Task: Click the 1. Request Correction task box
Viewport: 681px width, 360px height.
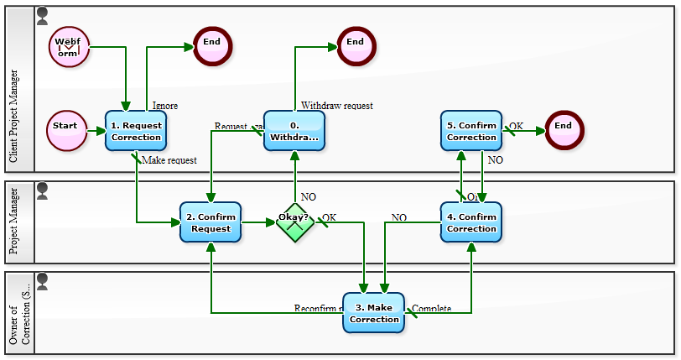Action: [x=136, y=131]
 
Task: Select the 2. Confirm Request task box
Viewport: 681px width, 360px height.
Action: [x=211, y=222]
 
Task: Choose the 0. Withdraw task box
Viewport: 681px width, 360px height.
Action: [x=294, y=131]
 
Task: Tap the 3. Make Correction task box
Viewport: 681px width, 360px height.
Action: [x=374, y=313]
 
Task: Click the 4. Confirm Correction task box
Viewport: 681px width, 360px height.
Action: [x=471, y=222]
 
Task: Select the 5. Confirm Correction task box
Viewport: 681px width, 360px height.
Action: [x=471, y=131]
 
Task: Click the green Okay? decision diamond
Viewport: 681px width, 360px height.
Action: [x=294, y=222]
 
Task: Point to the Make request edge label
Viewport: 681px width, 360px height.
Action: [x=169, y=160]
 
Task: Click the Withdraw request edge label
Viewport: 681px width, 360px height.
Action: [x=336, y=106]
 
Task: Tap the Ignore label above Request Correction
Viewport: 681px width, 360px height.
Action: [x=164, y=106]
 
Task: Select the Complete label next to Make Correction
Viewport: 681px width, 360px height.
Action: [x=432, y=309]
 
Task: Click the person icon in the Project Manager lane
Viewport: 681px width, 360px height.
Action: [x=43, y=190]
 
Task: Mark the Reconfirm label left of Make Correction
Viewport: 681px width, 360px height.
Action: [x=315, y=309]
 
